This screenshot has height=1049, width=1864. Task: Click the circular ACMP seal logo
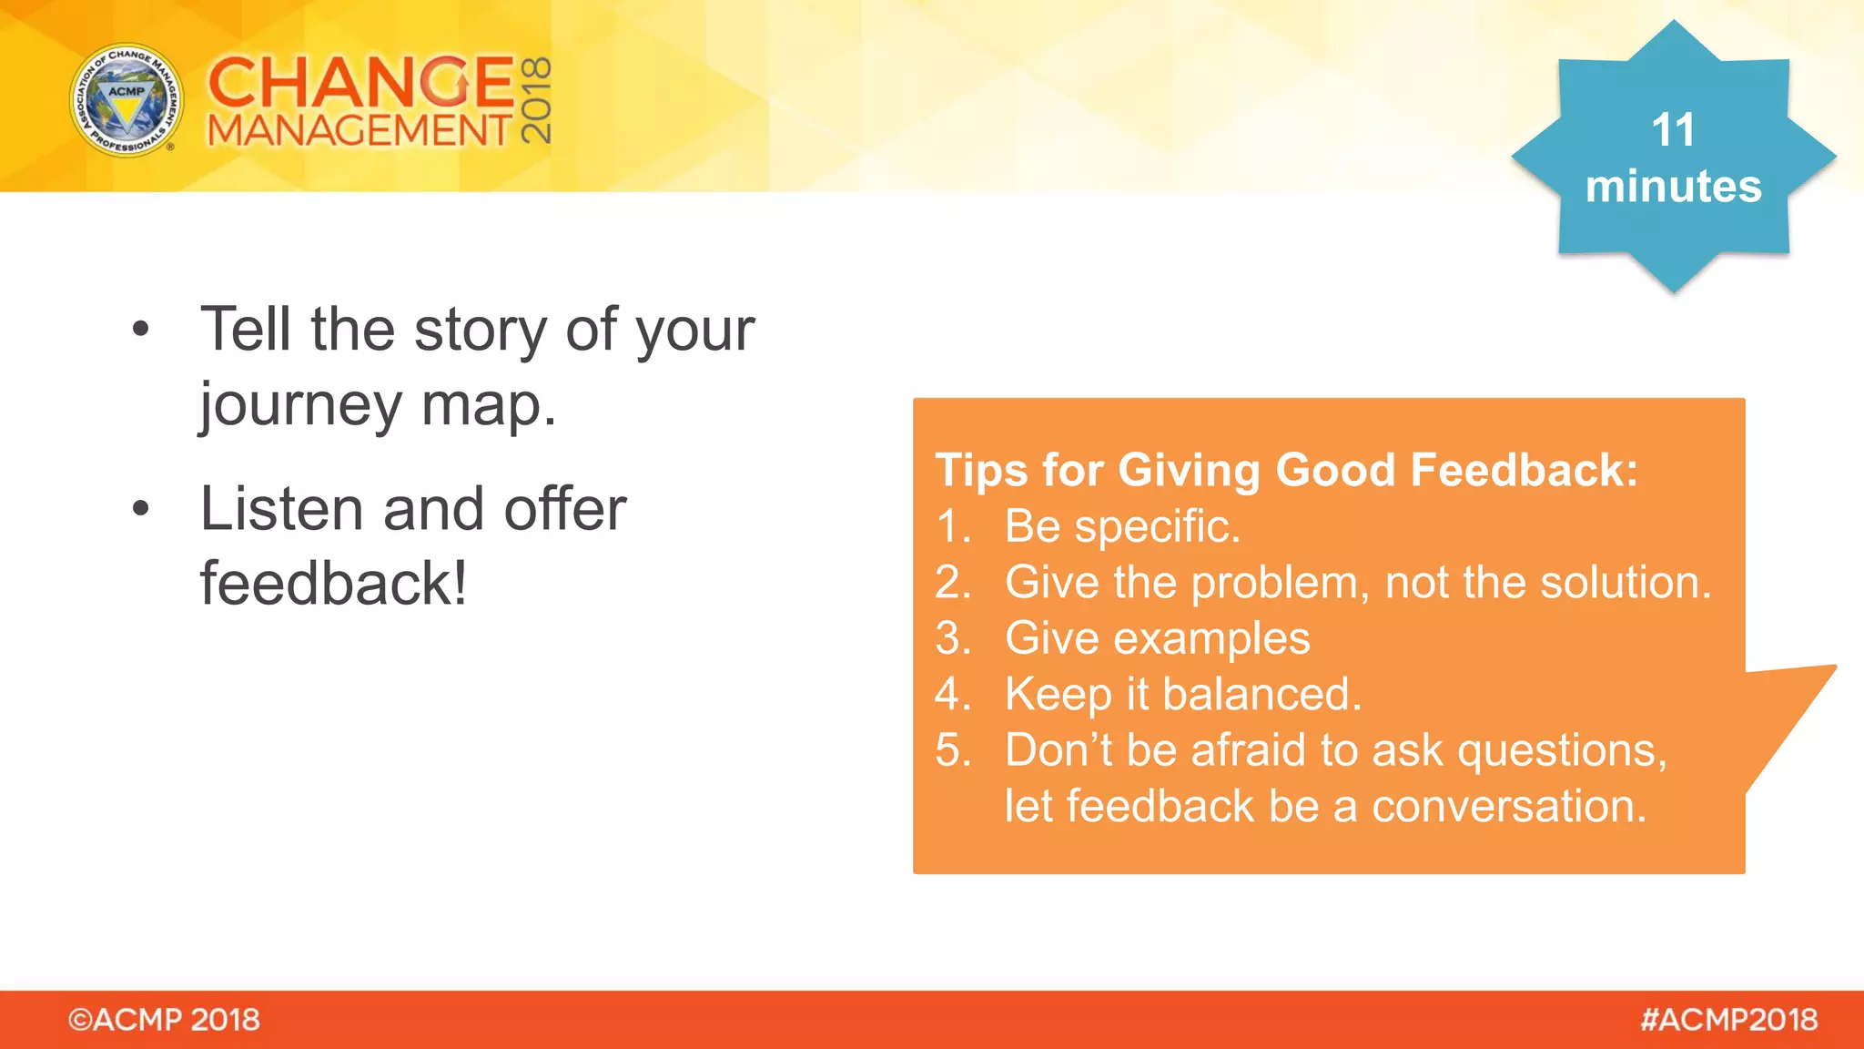coord(127,100)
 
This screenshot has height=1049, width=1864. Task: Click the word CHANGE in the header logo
coord(361,82)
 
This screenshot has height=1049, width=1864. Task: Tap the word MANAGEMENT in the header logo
coord(360,131)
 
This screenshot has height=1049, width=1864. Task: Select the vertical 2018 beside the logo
coord(536,100)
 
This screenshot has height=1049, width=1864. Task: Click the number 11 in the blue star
coord(1673,130)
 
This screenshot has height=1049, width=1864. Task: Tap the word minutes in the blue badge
coord(1673,187)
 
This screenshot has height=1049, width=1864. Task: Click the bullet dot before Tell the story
coord(140,329)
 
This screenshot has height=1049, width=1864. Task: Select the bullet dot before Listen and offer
coord(140,508)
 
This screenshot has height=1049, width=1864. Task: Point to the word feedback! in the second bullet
coord(333,584)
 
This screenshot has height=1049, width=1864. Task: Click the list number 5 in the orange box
coord(951,751)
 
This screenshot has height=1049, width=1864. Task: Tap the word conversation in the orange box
coord(1508,807)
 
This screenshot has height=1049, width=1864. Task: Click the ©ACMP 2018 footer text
coord(164,1020)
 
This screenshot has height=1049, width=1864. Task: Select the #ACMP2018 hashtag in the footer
coord(1728,1020)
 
